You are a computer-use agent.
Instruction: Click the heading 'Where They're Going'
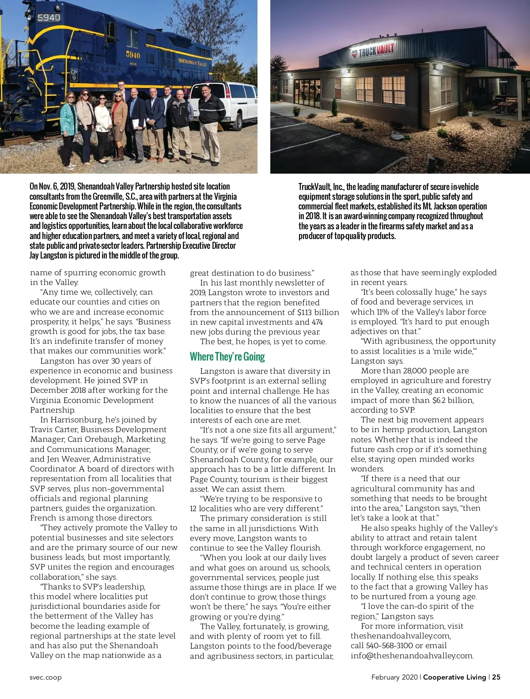pyautogui.click(x=227, y=357)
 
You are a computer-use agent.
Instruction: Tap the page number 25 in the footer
pyautogui.click(x=496, y=677)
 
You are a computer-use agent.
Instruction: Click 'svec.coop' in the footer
pyautogui.click(x=46, y=677)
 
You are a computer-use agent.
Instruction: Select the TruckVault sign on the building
pyautogui.click(x=373, y=51)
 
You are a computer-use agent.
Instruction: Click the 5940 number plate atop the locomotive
pyautogui.click(x=49, y=18)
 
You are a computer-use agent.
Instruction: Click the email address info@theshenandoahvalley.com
pyautogui.click(x=412, y=656)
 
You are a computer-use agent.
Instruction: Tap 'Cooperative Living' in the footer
pyautogui.click(x=454, y=677)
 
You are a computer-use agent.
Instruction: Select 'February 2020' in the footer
pyautogui.click(x=394, y=677)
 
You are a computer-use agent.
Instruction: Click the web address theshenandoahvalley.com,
pyautogui.click(x=401, y=636)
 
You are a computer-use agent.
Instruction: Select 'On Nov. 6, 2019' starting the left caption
pyautogui.click(x=52, y=186)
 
